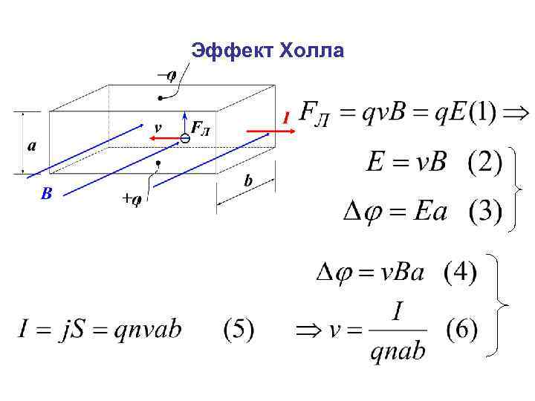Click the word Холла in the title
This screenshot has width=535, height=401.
point(311,50)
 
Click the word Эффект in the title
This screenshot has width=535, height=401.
point(233,50)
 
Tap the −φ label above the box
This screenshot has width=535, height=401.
point(167,74)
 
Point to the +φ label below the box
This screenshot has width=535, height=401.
point(132,199)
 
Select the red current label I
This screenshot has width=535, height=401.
point(285,118)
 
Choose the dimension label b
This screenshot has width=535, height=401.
point(247,181)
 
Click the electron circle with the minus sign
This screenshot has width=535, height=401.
point(185,139)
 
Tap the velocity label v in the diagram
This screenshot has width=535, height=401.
point(158,126)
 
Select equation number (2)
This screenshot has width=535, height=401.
point(484,163)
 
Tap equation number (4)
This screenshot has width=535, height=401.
point(461,273)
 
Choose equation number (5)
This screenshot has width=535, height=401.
point(239,330)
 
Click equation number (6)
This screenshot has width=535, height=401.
point(461,329)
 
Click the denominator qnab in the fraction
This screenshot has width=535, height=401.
point(398,350)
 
